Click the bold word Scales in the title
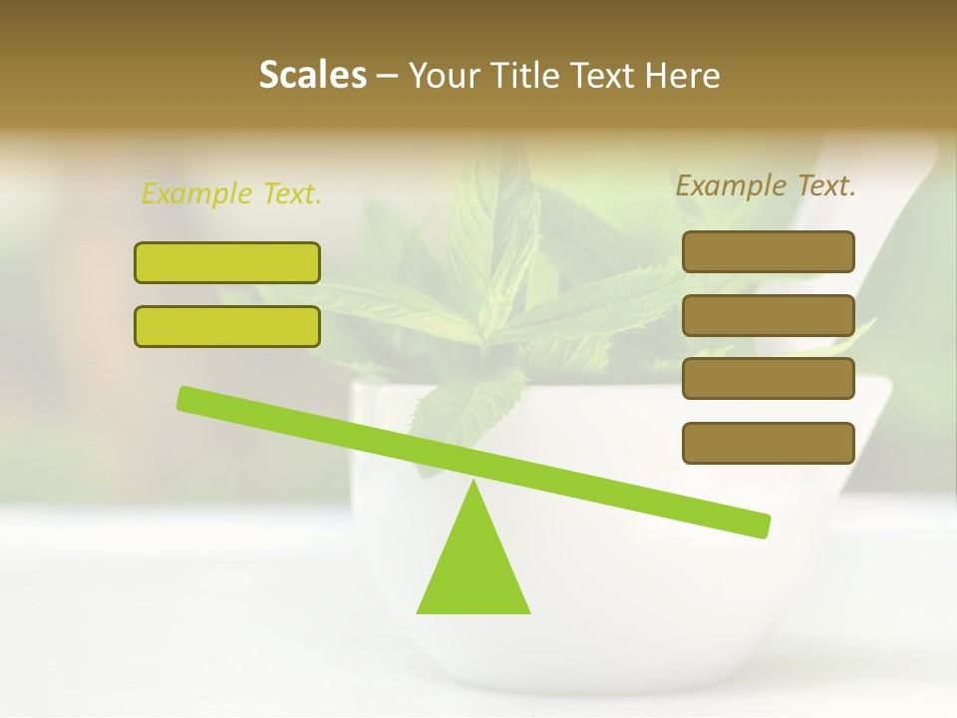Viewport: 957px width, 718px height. pyautogui.click(x=312, y=76)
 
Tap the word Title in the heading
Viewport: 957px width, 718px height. pyautogui.click(x=526, y=76)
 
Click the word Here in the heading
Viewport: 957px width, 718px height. pyautogui.click(x=681, y=76)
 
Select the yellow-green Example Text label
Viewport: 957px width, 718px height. pyautogui.click(x=231, y=193)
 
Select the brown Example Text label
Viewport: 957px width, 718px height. pyautogui.click(x=766, y=185)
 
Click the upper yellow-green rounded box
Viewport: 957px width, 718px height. pyautogui.click(x=227, y=262)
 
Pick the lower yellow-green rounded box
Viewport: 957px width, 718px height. pyautogui.click(x=227, y=326)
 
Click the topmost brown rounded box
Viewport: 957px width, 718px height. pyautogui.click(x=769, y=251)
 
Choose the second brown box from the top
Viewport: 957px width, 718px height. pyautogui.click(x=769, y=315)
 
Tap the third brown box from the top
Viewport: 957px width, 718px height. pyautogui.click(x=769, y=378)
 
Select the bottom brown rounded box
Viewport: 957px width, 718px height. pyautogui.click(x=769, y=443)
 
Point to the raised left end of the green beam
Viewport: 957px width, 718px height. pyautogui.click(x=185, y=398)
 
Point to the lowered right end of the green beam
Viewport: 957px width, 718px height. pyautogui.click(x=762, y=526)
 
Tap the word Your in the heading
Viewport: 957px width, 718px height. pyautogui.click(x=447, y=76)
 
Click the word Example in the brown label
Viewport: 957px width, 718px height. pyautogui.click(x=730, y=185)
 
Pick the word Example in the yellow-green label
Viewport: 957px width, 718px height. pyautogui.click(x=196, y=193)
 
